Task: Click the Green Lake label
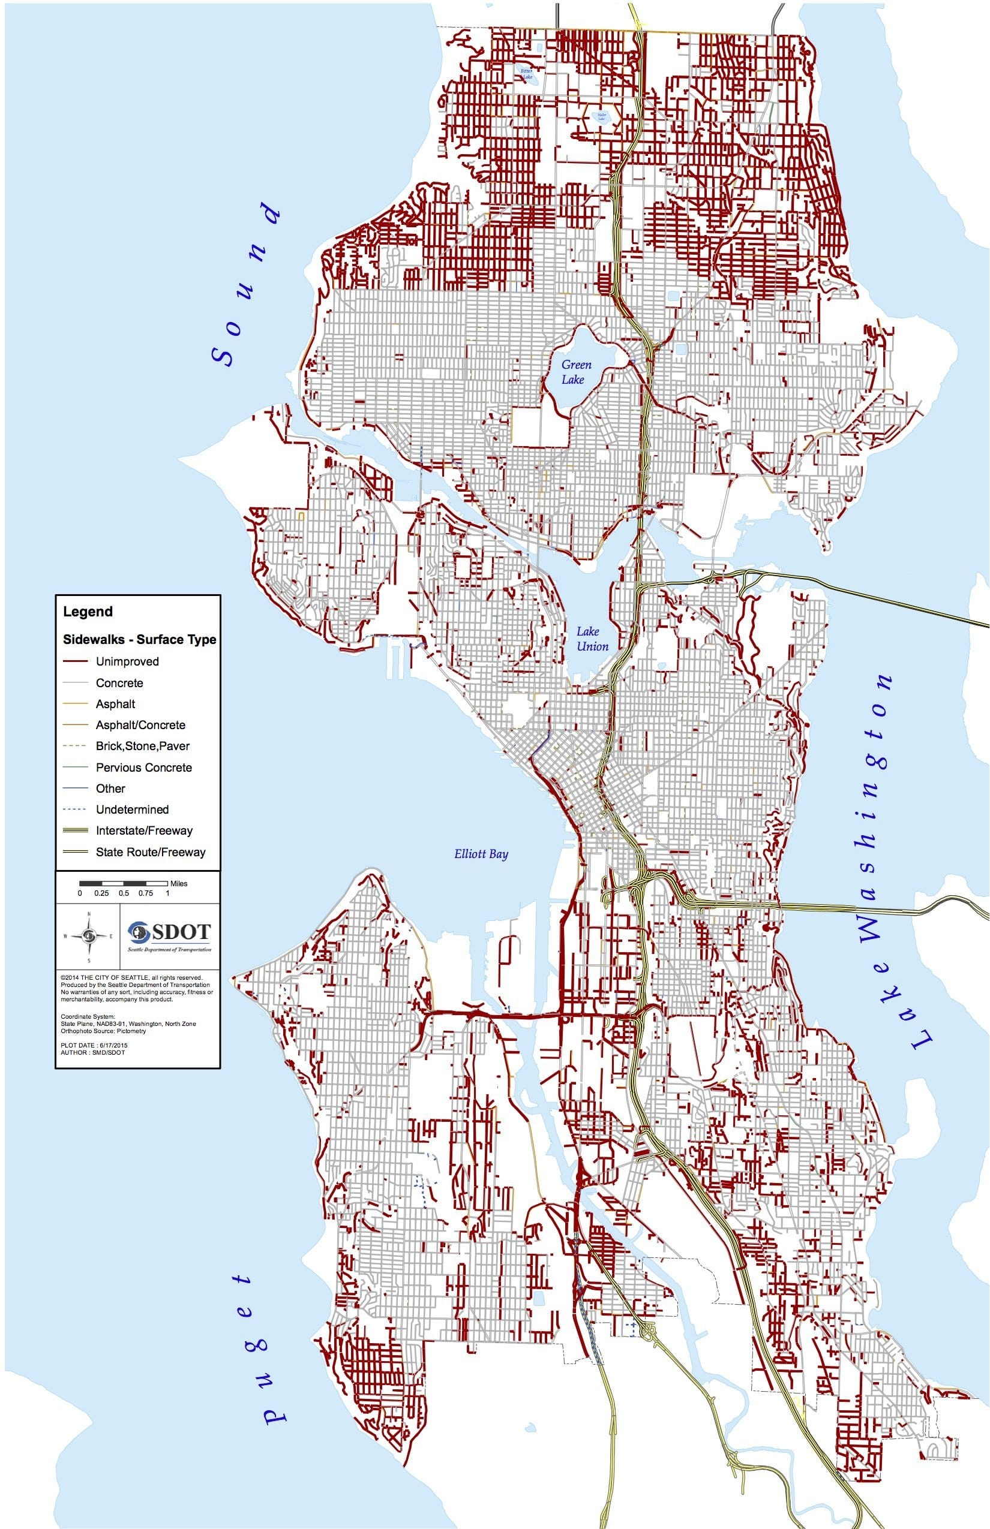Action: click(x=575, y=372)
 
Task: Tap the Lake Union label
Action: click(x=592, y=639)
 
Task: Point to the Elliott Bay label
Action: click(x=481, y=854)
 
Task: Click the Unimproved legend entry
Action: click(x=127, y=661)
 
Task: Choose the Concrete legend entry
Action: click(x=119, y=683)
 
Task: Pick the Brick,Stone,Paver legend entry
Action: click(x=142, y=746)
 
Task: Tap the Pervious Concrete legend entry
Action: click(x=143, y=767)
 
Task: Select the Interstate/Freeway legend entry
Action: click(x=143, y=830)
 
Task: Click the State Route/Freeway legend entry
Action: click(x=150, y=852)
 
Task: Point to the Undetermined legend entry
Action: click(x=132, y=809)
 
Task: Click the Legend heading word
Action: click(x=88, y=612)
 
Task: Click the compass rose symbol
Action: click(x=89, y=936)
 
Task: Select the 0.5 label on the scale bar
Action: click(x=124, y=893)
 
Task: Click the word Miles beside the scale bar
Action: click(x=179, y=883)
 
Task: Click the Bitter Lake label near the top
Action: click(x=527, y=73)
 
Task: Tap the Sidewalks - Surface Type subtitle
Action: click(x=139, y=640)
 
